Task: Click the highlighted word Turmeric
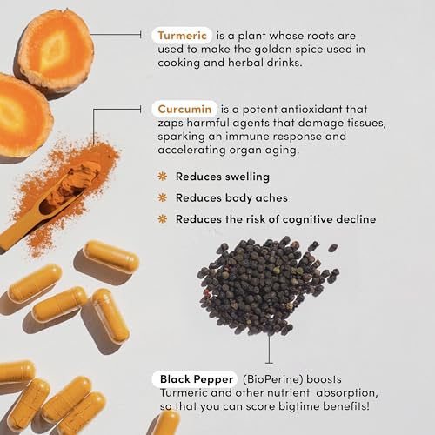182,36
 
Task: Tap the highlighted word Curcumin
184,109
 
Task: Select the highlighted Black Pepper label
197,379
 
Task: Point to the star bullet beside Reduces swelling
163,177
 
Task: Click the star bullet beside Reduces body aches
163,197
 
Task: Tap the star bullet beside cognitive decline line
163,219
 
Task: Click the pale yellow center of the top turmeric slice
55,50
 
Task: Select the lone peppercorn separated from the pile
333,248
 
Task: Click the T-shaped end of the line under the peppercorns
269,363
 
